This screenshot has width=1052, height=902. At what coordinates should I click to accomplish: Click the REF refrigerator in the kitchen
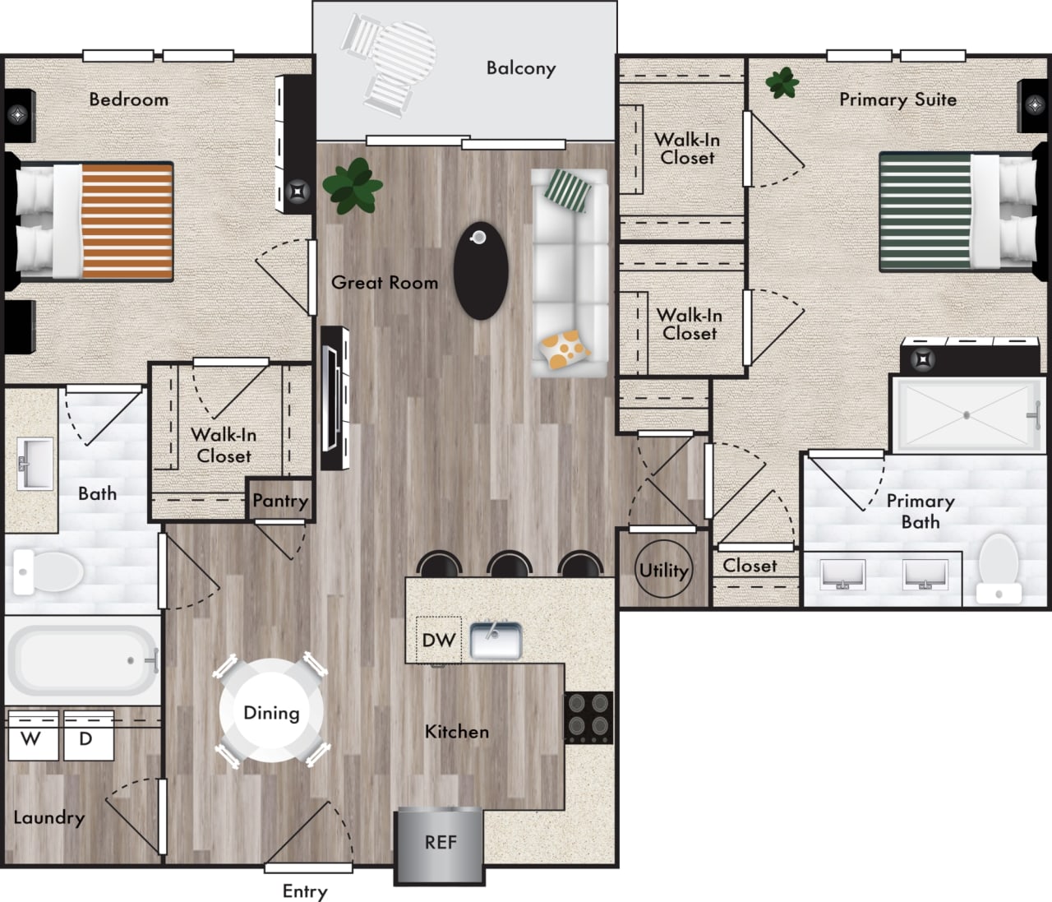[440, 844]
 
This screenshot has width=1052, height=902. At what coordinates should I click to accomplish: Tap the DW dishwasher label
[439, 640]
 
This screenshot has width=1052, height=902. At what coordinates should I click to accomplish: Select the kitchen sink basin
[496, 641]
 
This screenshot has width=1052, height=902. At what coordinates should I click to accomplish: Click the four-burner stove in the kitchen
[588, 716]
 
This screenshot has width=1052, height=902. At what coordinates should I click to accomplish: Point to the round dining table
[271, 712]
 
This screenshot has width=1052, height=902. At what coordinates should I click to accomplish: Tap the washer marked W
[32, 737]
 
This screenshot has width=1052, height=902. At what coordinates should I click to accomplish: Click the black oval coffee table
[481, 271]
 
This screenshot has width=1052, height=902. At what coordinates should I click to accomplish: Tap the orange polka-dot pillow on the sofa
[565, 348]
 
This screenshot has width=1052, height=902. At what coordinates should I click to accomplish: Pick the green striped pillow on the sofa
[569, 191]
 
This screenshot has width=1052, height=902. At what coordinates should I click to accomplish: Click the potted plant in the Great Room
[353, 186]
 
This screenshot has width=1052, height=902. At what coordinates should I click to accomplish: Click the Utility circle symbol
[663, 570]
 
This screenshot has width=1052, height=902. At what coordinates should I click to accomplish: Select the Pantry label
[280, 500]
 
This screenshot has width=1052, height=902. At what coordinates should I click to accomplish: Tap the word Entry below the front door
[305, 890]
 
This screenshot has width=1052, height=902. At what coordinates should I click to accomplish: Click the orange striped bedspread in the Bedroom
[127, 220]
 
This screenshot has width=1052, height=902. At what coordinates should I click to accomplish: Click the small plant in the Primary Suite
[782, 82]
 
